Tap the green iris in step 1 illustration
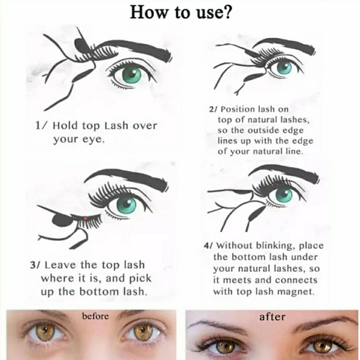132,74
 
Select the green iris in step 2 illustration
284,66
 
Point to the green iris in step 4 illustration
284,196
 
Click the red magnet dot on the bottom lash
85,218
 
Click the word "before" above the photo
96,316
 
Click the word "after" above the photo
272,317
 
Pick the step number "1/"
42,125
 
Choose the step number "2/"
213,109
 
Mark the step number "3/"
35,265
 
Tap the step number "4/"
209,245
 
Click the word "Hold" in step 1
65,125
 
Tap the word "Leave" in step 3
60,265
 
